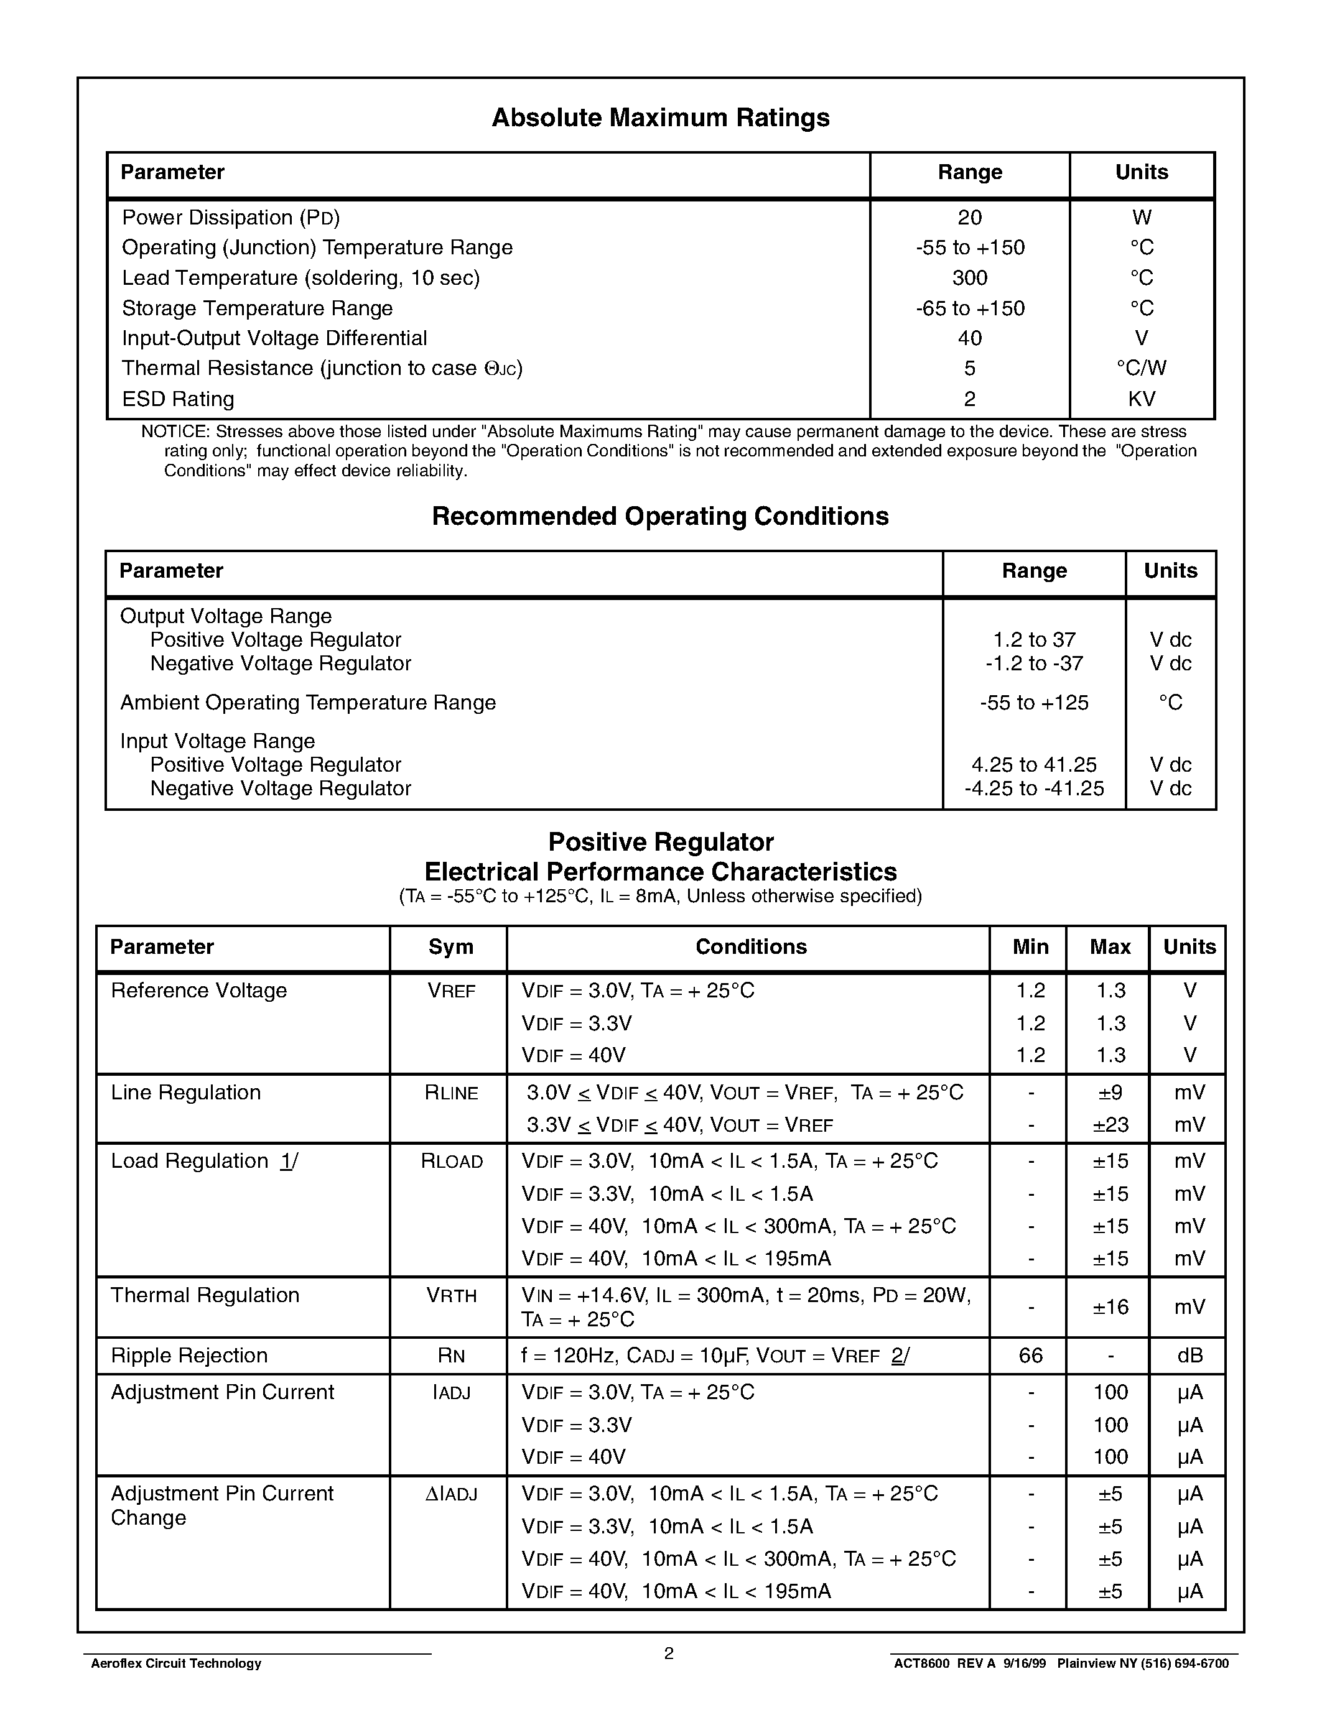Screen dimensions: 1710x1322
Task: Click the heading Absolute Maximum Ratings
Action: click(660, 118)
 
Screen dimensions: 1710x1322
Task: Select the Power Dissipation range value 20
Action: click(970, 218)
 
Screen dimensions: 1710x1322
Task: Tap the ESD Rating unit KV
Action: click(1141, 399)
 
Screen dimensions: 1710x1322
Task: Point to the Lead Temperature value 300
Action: click(970, 278)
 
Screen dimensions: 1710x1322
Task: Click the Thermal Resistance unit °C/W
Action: click(1141, 369)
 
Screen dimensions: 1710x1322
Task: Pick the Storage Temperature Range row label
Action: click(257, 308)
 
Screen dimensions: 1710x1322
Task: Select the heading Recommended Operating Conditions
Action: click(660, 517)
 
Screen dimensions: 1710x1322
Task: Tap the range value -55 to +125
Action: click(1034, 703)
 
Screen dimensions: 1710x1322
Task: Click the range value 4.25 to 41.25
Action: click(1034, 765)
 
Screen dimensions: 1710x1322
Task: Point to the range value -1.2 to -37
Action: click(1034, 664)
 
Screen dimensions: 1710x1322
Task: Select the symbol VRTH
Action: click(451, 1296)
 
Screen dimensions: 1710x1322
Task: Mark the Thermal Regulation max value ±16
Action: click(1110, 1307)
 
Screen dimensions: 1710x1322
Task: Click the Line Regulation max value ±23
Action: click(1110, 1125)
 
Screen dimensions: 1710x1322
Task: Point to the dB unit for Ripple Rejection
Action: click(1189, 1356)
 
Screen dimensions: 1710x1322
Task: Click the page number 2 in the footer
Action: click(669, 1653)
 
